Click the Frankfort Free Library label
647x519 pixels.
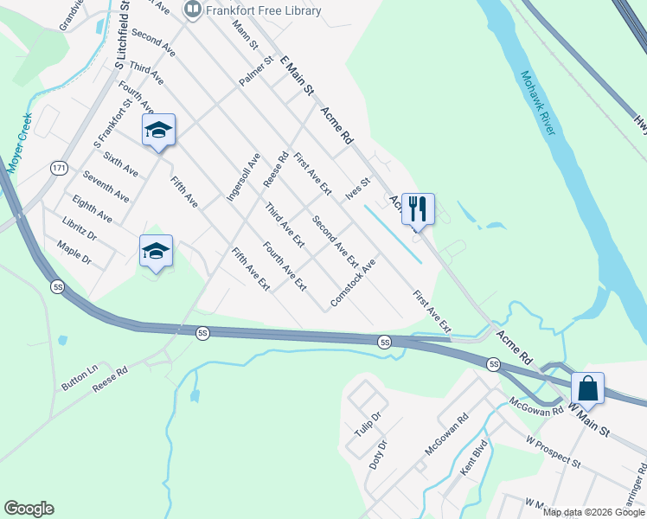pos(263,10)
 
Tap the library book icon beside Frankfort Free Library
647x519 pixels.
pos(192,10)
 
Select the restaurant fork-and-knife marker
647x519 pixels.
pos(418,208)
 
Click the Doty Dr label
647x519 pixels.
pos(378,454)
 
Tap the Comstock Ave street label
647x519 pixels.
pos(353,283)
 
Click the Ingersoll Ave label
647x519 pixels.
pos(243,177)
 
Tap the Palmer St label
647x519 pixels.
pos(257,70)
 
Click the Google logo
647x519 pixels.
pos(29,509)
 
